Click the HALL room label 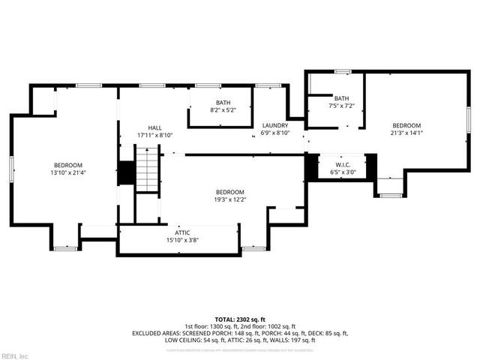tap(154, 128)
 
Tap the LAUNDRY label tap(275, 125)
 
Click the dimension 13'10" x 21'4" tap(67, 172)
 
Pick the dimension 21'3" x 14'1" tap(407, 133)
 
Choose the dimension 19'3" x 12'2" tap(229, 199)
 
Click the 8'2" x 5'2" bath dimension tap(223, 110)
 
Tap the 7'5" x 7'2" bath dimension tap(341, 106)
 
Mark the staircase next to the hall tap(148, 170)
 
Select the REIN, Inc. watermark tap(15, 355)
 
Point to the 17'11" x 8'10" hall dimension tap(154, 136)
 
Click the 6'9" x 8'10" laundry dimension tap(275, 133)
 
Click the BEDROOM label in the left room tap(67, 165)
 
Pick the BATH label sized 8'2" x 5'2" tap(223, 103)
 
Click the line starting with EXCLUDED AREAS tap(239, 333)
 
